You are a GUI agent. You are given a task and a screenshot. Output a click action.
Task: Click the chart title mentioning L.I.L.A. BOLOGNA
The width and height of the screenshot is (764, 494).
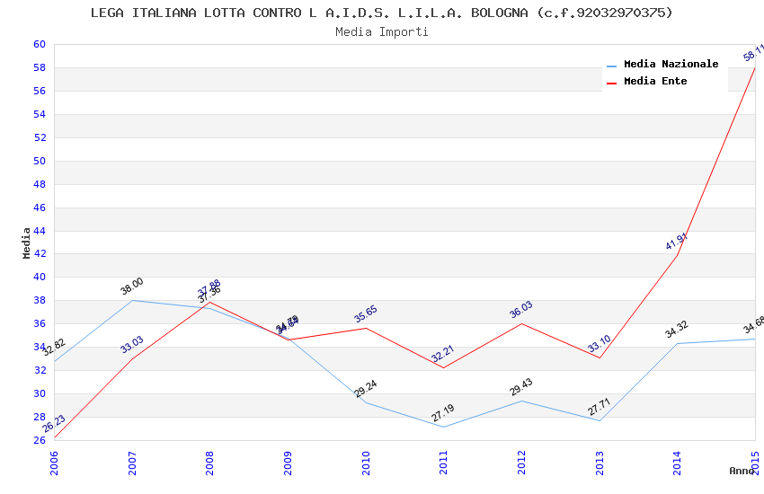[381, 13]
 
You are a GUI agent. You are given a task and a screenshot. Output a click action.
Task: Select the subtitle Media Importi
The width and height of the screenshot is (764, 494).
[381, 31]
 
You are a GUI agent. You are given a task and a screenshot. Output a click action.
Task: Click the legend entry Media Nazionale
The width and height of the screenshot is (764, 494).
[671, 64]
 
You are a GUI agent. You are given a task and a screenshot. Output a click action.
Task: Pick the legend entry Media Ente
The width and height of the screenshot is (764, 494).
[655, 81]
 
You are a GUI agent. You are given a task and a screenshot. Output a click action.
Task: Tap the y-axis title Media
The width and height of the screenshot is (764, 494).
[27, 243]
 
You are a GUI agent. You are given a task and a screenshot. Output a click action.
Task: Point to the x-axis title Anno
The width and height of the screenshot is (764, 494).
[742, 471]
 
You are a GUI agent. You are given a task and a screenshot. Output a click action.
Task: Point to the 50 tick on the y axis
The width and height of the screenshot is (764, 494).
[40, 161]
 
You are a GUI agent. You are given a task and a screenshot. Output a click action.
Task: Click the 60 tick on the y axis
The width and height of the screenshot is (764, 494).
[40, 44]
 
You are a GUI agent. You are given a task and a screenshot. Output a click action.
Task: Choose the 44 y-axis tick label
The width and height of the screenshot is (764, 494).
[40, 231]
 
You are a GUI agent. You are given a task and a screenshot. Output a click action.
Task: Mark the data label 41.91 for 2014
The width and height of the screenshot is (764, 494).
[676, 242]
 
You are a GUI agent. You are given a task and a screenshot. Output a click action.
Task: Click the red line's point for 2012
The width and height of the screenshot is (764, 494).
[521, 323]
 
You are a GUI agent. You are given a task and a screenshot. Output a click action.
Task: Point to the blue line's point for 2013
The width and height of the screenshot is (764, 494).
[600, 420]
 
